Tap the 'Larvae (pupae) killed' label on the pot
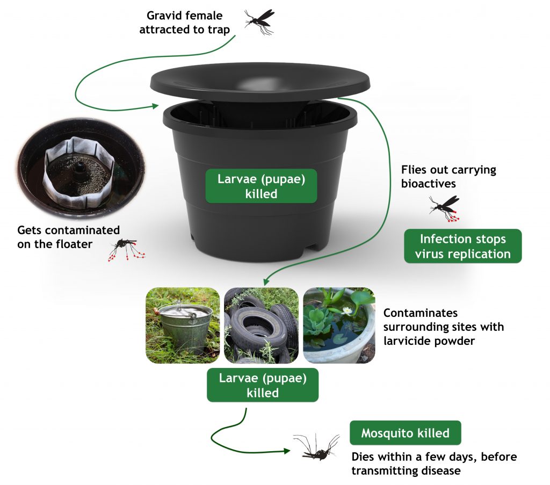tap(261, 186)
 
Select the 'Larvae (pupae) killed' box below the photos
tap(263, 385)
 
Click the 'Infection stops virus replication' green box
tap(462, 247)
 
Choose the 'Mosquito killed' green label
tap(405, 433)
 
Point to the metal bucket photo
tap(183, 325)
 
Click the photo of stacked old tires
tap(261, 325)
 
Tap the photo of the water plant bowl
tap(339, 325)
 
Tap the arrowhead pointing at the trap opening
tap(156, 106)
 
